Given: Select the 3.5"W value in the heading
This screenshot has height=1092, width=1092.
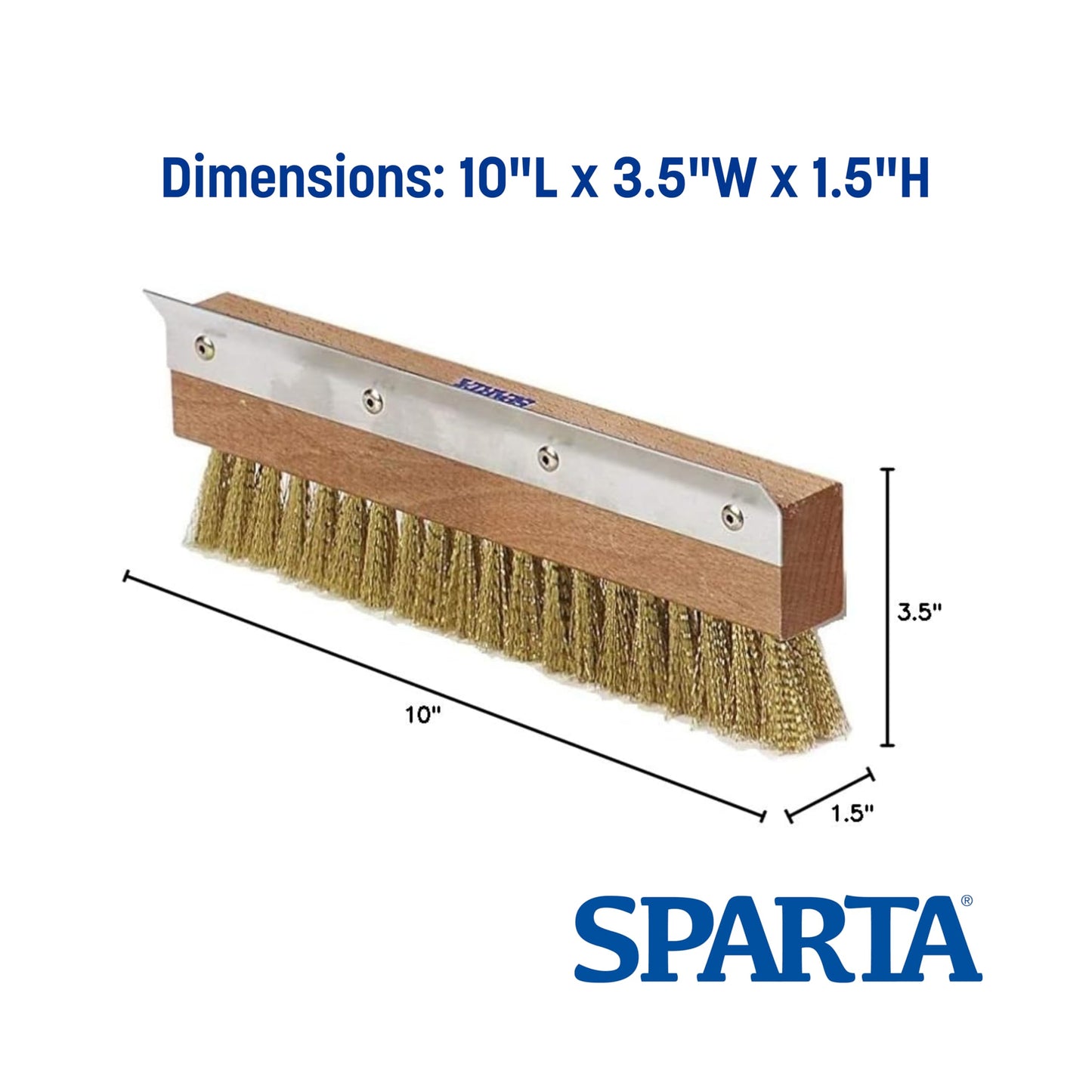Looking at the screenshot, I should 674,180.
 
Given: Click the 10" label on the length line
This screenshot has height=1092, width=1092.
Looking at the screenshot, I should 422,714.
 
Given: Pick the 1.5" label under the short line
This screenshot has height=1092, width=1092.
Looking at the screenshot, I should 852,813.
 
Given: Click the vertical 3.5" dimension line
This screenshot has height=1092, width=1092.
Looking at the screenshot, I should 889,605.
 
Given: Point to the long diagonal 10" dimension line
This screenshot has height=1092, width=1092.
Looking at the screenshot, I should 446,695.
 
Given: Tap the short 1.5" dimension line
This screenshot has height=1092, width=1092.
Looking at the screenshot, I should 831,793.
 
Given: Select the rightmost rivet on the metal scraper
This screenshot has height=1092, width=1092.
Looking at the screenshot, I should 731,517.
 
